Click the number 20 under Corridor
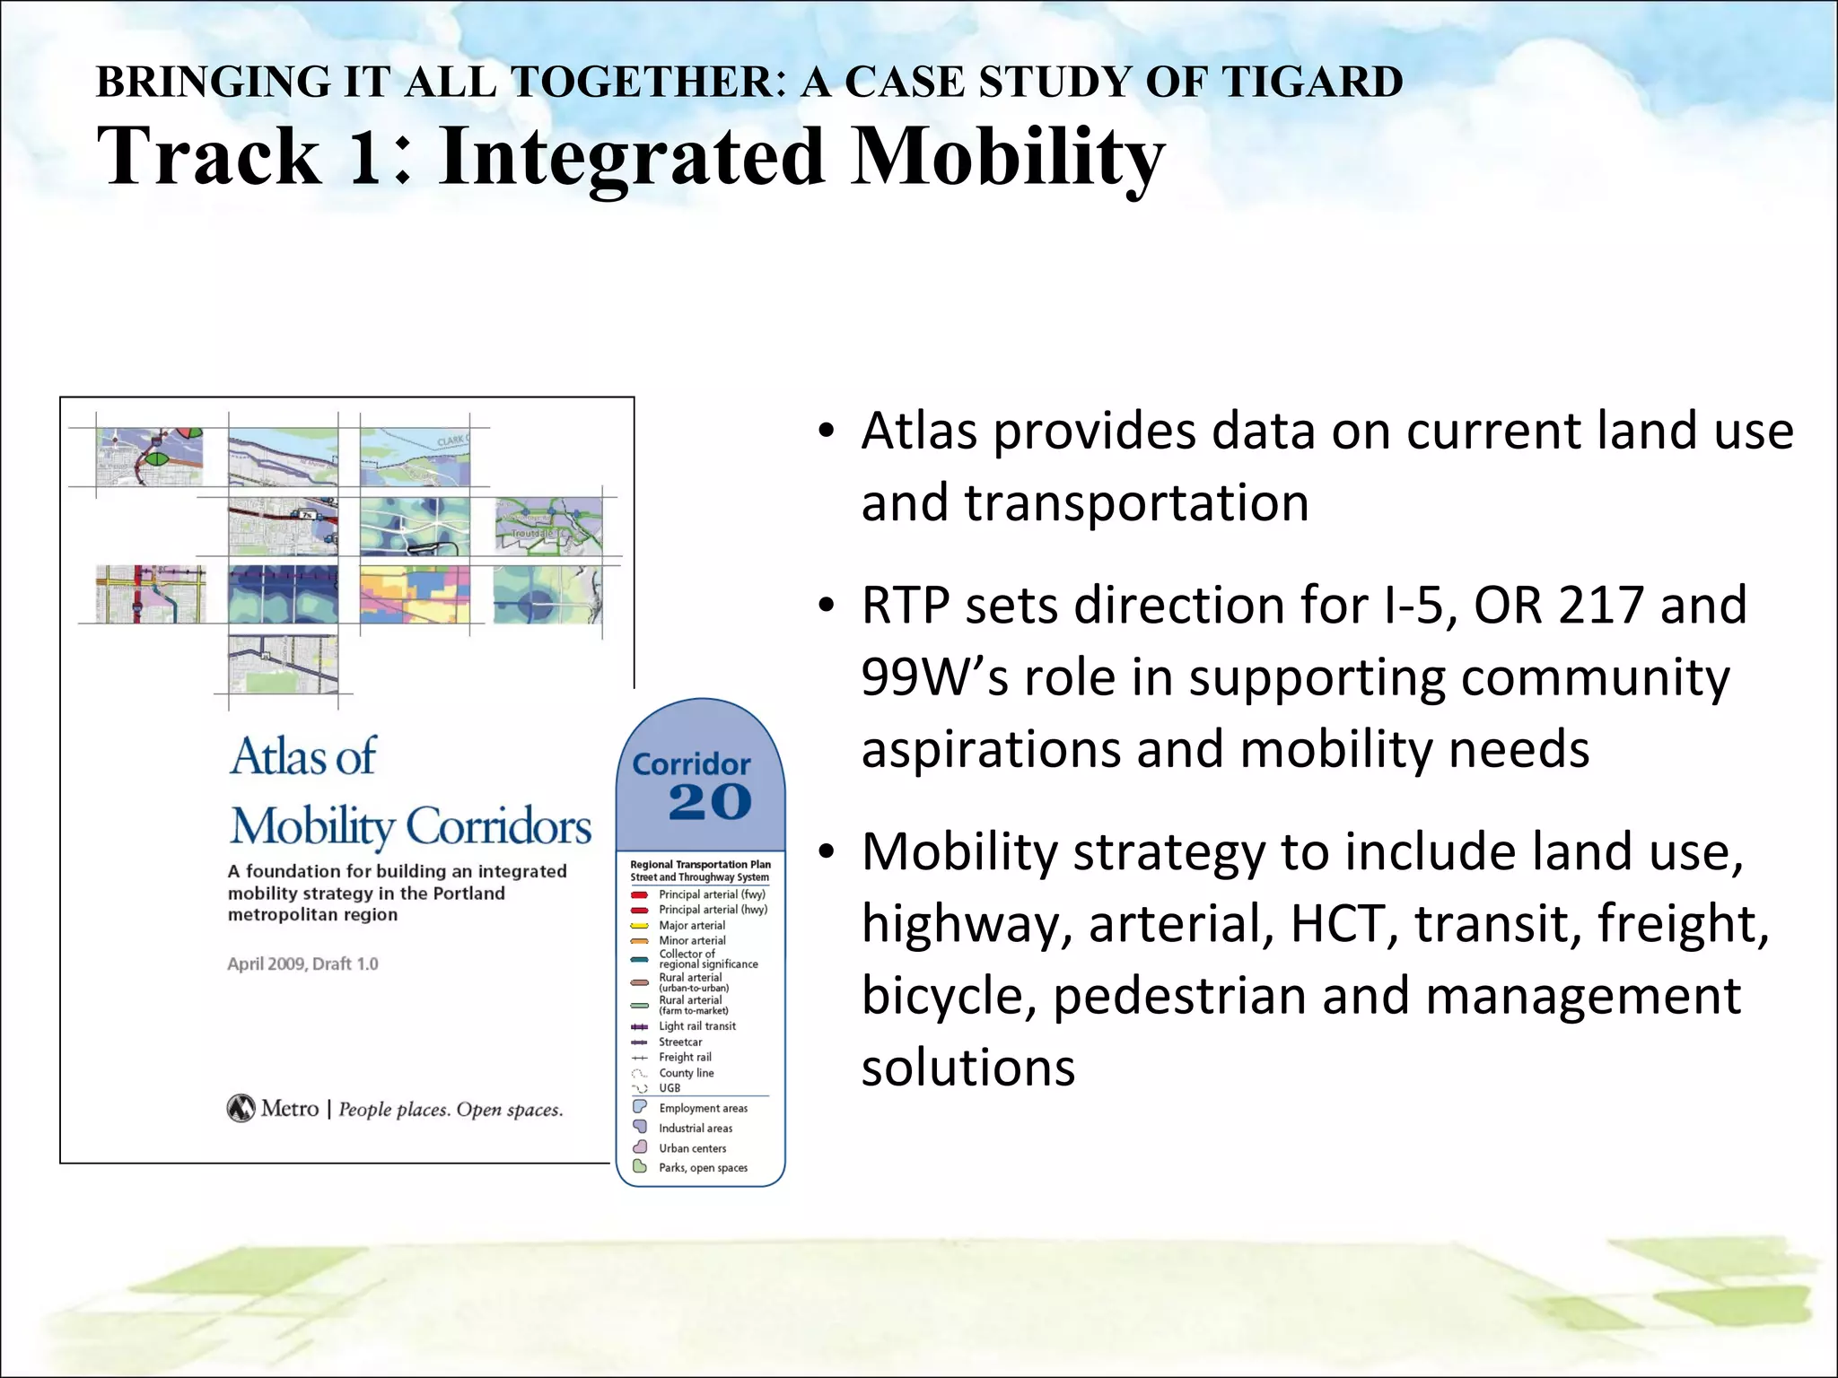pos(709,801)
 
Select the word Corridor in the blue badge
pos(691,764)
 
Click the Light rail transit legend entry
pos(696,1026)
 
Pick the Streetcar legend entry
pos(680,1042)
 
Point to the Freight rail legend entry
pos(685,1058)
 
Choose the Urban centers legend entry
pos(692,1148)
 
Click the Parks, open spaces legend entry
pos(703,1168)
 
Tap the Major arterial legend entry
pos(692,926)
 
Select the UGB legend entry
pos(670,1088)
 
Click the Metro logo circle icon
pos(241,1109)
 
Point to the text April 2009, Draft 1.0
pos(302,964)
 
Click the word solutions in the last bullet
pos(968,1068)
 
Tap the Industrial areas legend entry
pos(695,1129)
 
